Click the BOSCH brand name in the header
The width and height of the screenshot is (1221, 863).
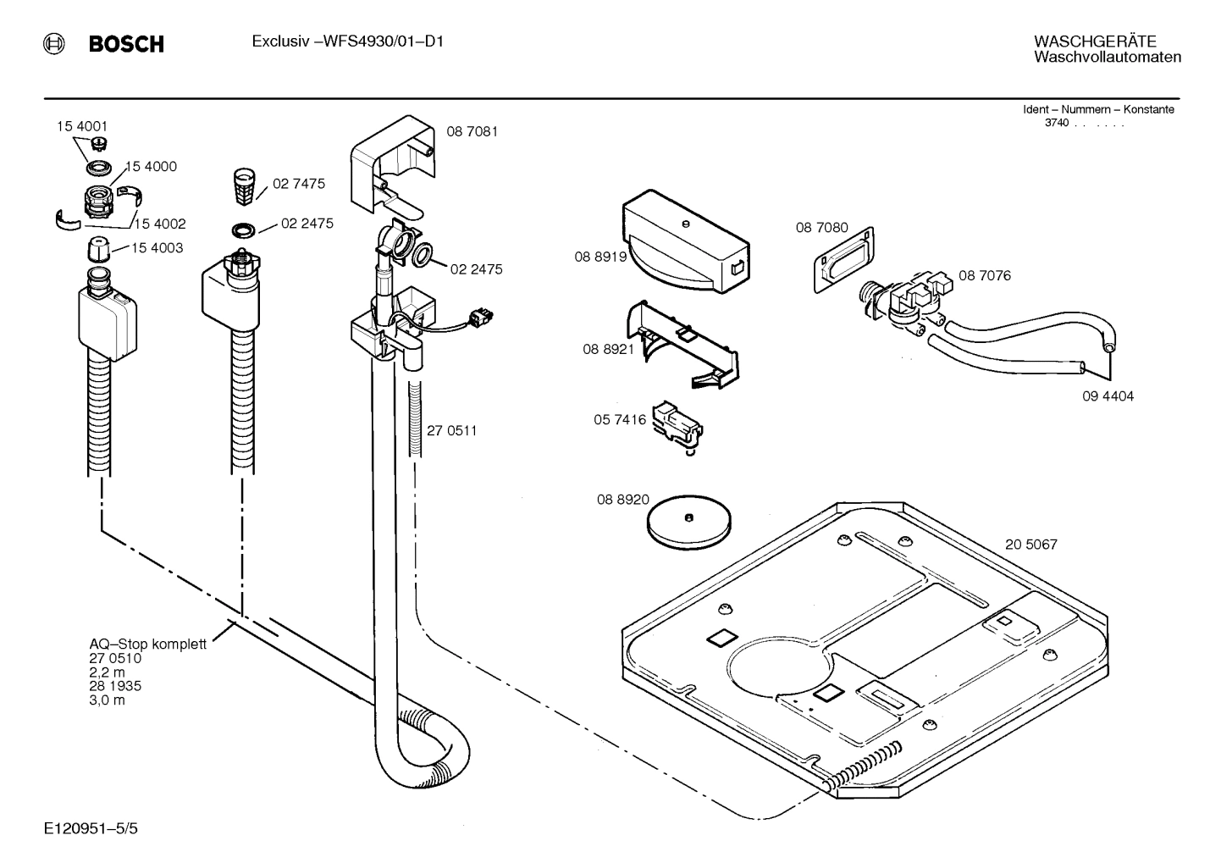[x=126, y=44]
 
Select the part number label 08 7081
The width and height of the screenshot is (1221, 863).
[x=472, y=131]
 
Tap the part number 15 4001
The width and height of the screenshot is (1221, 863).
[x=82, y=126]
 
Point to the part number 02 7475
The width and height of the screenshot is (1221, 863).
[x=298, y=184]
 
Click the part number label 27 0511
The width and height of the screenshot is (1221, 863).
[x=451, y=430]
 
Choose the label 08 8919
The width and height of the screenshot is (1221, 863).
[x=600, y=256]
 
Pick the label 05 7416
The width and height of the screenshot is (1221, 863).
[x=620, y=419]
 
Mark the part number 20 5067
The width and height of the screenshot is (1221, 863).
[x=1030, y=545]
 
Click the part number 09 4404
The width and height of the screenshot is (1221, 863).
[x=1108, y=396]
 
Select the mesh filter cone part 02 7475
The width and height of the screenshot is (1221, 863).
[x=242, y=185]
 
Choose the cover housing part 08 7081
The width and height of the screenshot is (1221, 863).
[x=391, y=165]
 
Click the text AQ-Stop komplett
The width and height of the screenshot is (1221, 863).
[x=147, y=644]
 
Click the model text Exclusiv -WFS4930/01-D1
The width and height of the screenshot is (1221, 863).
[x=347, y=41]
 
